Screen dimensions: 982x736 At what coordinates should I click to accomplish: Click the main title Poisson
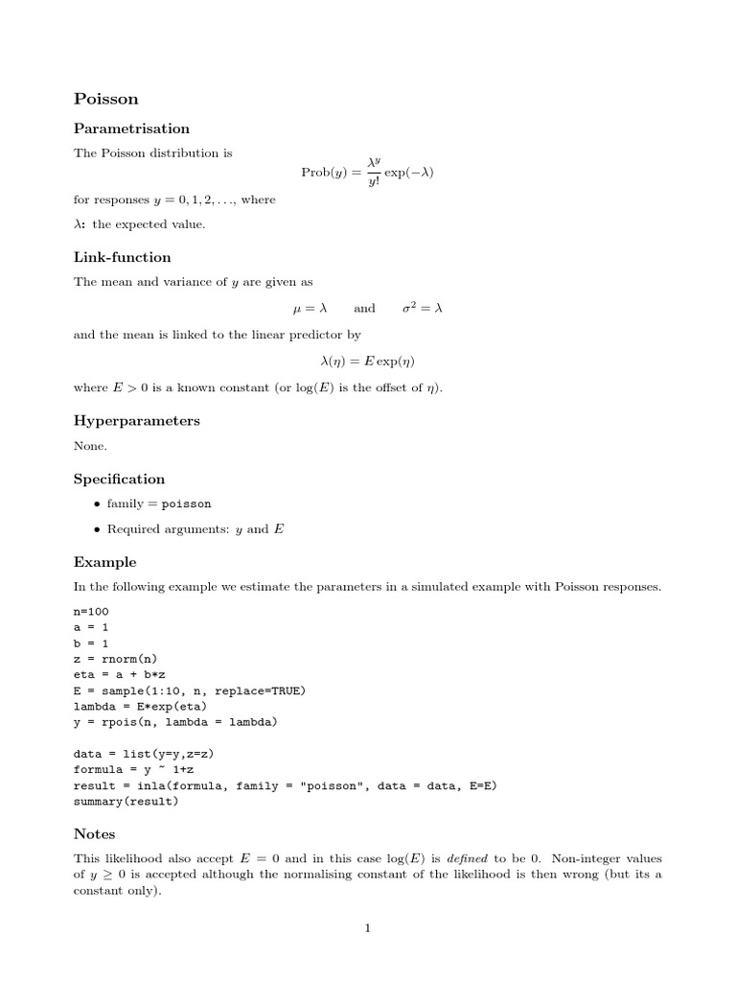click(x=105, y=98)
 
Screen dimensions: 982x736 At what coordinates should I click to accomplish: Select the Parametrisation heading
click(x=131, y=129)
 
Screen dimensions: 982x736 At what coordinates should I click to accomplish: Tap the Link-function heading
click(x=122, y=257)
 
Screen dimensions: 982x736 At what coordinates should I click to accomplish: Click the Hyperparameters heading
click(x=136, y=421)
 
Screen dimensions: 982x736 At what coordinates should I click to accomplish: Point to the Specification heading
click(x=119, y=479)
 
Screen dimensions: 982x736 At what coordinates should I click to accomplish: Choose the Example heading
click(x=104, y=562)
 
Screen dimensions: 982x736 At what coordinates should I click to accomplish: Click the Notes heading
click(x=94, y=834)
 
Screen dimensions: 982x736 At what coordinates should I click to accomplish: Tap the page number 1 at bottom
click(x=367, y=927)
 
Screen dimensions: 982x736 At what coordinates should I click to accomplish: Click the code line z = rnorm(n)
click(x=115, y=659)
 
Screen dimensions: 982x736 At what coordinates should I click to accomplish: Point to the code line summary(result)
click(x=126, y=802)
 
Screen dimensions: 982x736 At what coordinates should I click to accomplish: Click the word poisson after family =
click(x=186, y=503)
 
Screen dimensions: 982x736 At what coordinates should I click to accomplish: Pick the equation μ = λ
click(x=310, y=309)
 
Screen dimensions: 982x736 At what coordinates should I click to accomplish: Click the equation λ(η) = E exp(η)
click(x=367, y=362)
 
